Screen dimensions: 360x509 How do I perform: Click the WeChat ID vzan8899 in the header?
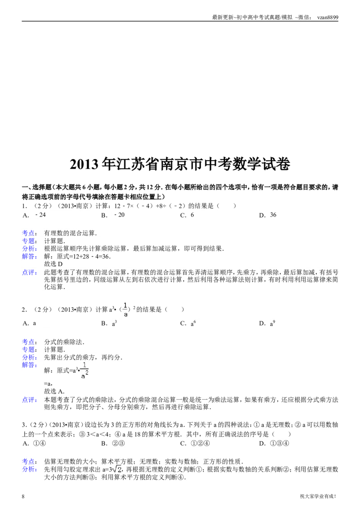tap(328, 18)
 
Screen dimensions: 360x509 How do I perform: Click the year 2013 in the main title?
tap(84, 164)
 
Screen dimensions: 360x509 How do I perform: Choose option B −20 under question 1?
tap(113, 215)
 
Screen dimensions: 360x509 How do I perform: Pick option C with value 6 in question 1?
tap(187, 215)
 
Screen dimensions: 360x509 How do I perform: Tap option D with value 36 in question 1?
tap(268, 215)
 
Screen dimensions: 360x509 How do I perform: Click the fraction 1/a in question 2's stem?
tap(126, 309)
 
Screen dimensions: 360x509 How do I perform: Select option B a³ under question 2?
tap(109, 323)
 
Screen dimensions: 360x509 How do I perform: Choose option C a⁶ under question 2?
tap(188, 323)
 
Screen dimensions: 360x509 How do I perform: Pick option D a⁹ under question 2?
tap(267, 323)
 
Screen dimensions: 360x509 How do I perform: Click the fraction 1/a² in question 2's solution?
tap(85, 371)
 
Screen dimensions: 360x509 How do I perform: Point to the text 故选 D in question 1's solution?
tap(53, 264)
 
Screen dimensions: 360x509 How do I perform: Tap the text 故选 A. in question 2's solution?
tap(54, 391)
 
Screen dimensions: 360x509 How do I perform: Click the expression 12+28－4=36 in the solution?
tap(89, 256)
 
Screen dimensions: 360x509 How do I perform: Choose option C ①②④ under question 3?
tap(195, 443)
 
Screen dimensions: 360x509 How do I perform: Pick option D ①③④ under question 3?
tap(274, 443)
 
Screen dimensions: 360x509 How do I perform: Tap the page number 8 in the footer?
tap(23, 496)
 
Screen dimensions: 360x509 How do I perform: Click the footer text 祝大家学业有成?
tap(318, 496)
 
